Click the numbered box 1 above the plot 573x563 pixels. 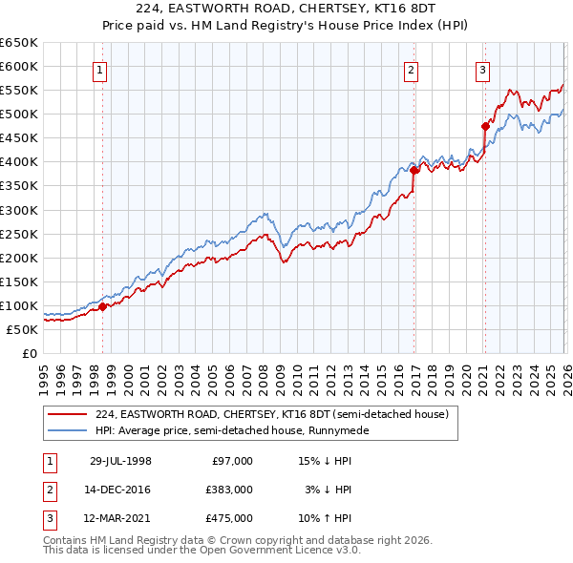tap(100, 69)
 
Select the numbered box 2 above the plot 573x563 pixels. tap(411, 69)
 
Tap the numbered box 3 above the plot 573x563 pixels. tap(482, 69)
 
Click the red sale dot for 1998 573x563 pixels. tap(103, 306)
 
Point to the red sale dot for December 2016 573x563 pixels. tap(414, 170)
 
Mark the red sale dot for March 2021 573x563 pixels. tap(485, 126)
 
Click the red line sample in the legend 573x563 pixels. tap(68, 414)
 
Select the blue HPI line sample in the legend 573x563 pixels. tap(68, 430)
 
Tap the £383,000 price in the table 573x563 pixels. tap(229, 490)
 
